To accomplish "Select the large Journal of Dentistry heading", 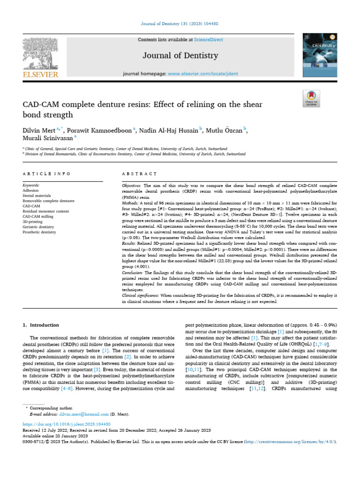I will point(180,56).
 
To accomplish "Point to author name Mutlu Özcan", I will point(225,130).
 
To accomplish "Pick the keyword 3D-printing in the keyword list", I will point(32,209).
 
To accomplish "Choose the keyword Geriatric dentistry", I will point(38,214).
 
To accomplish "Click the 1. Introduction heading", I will point(41,325).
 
